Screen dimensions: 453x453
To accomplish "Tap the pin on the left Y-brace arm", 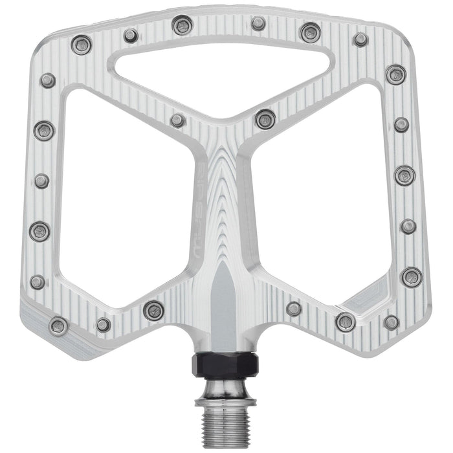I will tap(177, 120).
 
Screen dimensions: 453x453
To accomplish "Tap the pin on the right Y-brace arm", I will tap(265, 118).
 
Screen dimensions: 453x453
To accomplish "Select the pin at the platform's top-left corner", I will tap(82, 44).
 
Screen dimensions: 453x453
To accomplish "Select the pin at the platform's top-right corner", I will tap(360, 39).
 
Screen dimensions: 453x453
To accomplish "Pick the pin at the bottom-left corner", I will tap(58, 326).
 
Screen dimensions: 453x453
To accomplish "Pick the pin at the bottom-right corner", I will tap(391, 322).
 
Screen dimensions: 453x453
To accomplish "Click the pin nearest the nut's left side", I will tap(154, 310).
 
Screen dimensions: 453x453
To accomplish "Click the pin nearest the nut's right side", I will tap(294, 309).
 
